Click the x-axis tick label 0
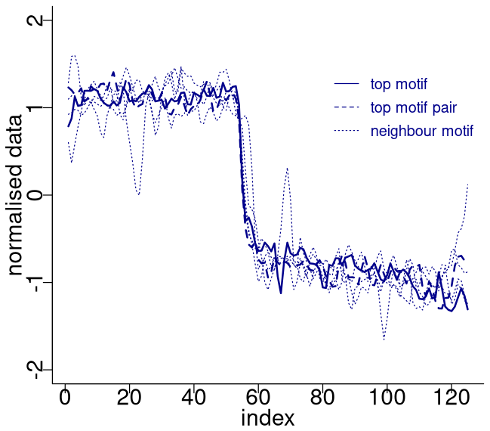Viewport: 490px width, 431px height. (x=64, y=398)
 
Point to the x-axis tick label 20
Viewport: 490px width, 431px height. (x=129, y=398)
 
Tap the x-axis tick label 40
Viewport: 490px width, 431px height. (x=193, y=398)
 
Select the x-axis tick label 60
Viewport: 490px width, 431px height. (x=257, y=398)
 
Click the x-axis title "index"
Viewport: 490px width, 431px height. (x=267, y=418)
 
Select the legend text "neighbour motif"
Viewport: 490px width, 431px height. (x=421, y=131)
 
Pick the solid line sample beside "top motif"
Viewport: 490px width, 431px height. (x=346, y=83)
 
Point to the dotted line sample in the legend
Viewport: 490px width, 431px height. (x=346, y=131)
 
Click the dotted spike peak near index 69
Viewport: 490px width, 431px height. (x=287, y=168)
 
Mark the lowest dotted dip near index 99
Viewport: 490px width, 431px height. (x=384, y=340)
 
